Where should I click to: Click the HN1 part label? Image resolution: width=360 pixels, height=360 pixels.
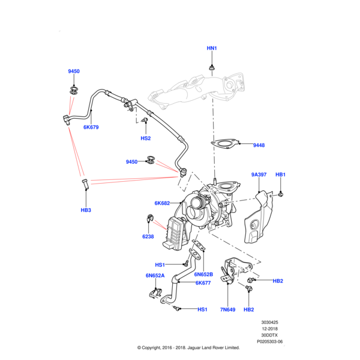[212, 47]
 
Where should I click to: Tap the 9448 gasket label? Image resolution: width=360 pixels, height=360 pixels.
[259, 145]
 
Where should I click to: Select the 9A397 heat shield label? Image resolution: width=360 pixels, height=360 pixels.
[259, 175]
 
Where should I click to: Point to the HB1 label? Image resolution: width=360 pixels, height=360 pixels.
[280, 175]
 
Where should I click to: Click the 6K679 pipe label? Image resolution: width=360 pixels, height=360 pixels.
[91, 127]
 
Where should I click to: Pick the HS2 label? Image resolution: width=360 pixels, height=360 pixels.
[145, 138]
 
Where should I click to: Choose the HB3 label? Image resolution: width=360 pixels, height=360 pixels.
[85, 210]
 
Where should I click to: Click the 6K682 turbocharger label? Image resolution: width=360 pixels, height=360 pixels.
[163, 203]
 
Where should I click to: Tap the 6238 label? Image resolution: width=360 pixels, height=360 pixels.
[148, 236]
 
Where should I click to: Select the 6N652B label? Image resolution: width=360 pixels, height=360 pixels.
[203, 274]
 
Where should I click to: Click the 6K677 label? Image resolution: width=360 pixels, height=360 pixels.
[203, 283]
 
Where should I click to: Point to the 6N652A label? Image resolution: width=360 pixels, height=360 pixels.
[154, 275]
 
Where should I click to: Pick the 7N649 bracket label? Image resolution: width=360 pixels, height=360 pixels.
[229, 310]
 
